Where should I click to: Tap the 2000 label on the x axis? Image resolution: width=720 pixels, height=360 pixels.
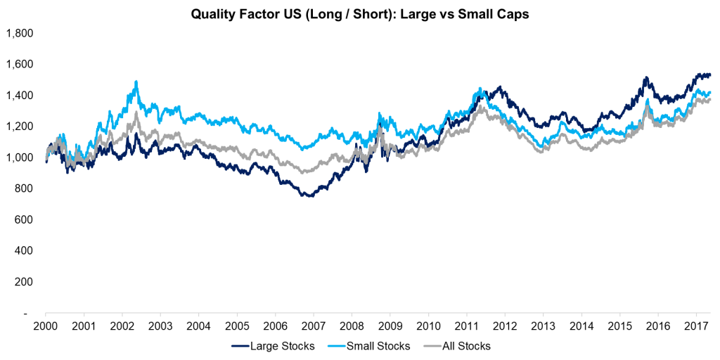tap(46, 326)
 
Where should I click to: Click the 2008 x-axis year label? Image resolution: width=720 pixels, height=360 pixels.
tap(352, 326)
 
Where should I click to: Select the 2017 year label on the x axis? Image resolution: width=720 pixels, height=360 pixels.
tap(695, 326)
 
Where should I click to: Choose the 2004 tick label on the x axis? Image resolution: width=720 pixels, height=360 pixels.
tap(198, 326)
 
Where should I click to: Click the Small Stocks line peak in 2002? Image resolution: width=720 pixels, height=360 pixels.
tap(136, 82)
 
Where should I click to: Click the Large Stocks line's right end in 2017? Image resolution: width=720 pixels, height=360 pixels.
tap(710, 75)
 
